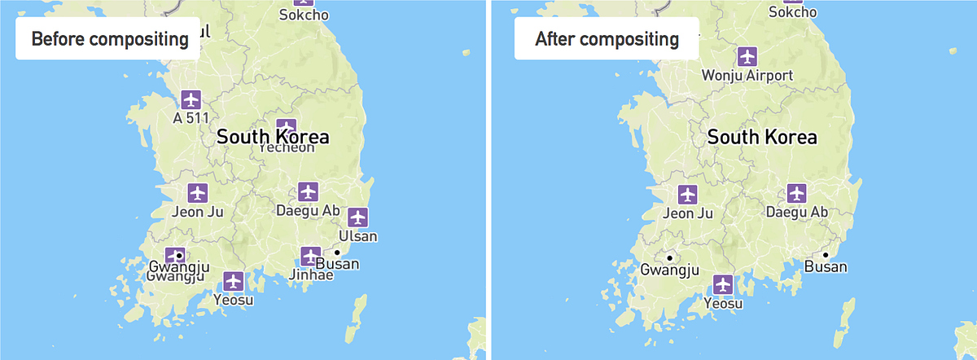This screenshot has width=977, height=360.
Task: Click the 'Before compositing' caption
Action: pos(108,38)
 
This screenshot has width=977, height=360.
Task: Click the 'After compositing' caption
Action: pos(607,38)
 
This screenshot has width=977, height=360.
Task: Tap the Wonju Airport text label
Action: pos(747,76)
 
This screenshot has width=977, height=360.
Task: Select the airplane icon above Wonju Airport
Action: pos(747,56)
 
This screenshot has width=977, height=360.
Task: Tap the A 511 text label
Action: pos(191,117)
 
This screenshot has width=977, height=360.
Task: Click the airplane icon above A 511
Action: pos(191,99)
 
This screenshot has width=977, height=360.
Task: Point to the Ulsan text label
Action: pos(359,236)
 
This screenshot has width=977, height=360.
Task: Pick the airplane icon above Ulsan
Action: pos(357,217)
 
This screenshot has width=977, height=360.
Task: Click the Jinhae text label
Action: pos(311,274)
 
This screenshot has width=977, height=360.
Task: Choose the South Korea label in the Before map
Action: pos(272,137)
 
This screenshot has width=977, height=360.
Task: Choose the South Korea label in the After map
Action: pos(762,137)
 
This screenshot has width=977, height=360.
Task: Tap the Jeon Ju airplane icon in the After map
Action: pos(688,195)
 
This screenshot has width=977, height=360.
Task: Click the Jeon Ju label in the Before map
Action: pos(198,213)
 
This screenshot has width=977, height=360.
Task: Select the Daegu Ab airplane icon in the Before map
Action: pos(307,192)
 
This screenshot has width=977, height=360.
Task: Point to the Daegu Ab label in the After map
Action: pos(797,213)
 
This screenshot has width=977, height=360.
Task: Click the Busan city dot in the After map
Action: pos(826,255)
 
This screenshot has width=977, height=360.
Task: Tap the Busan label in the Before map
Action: pos(337,265)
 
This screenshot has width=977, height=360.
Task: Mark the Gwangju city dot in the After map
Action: pos(669,255)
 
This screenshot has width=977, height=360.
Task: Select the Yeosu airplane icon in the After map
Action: pos(723,285)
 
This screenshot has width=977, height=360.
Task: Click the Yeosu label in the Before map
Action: pos(234,300)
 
